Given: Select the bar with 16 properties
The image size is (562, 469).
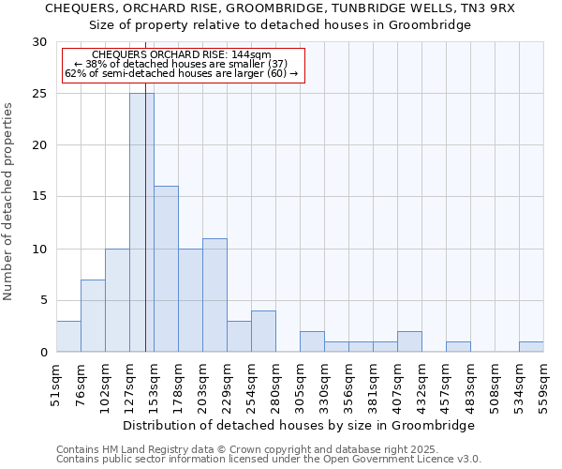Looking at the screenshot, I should [x=166, y=269].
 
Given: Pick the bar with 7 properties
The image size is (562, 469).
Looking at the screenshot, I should [x=93, y=315].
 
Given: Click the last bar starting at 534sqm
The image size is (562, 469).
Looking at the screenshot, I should [x=531, y=346].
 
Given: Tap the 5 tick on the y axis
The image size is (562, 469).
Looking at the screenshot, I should [x=42, y=300].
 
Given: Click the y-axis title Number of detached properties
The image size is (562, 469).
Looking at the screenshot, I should [x=8, y=202].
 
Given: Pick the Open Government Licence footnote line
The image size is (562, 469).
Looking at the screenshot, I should [x=268, y=459].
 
